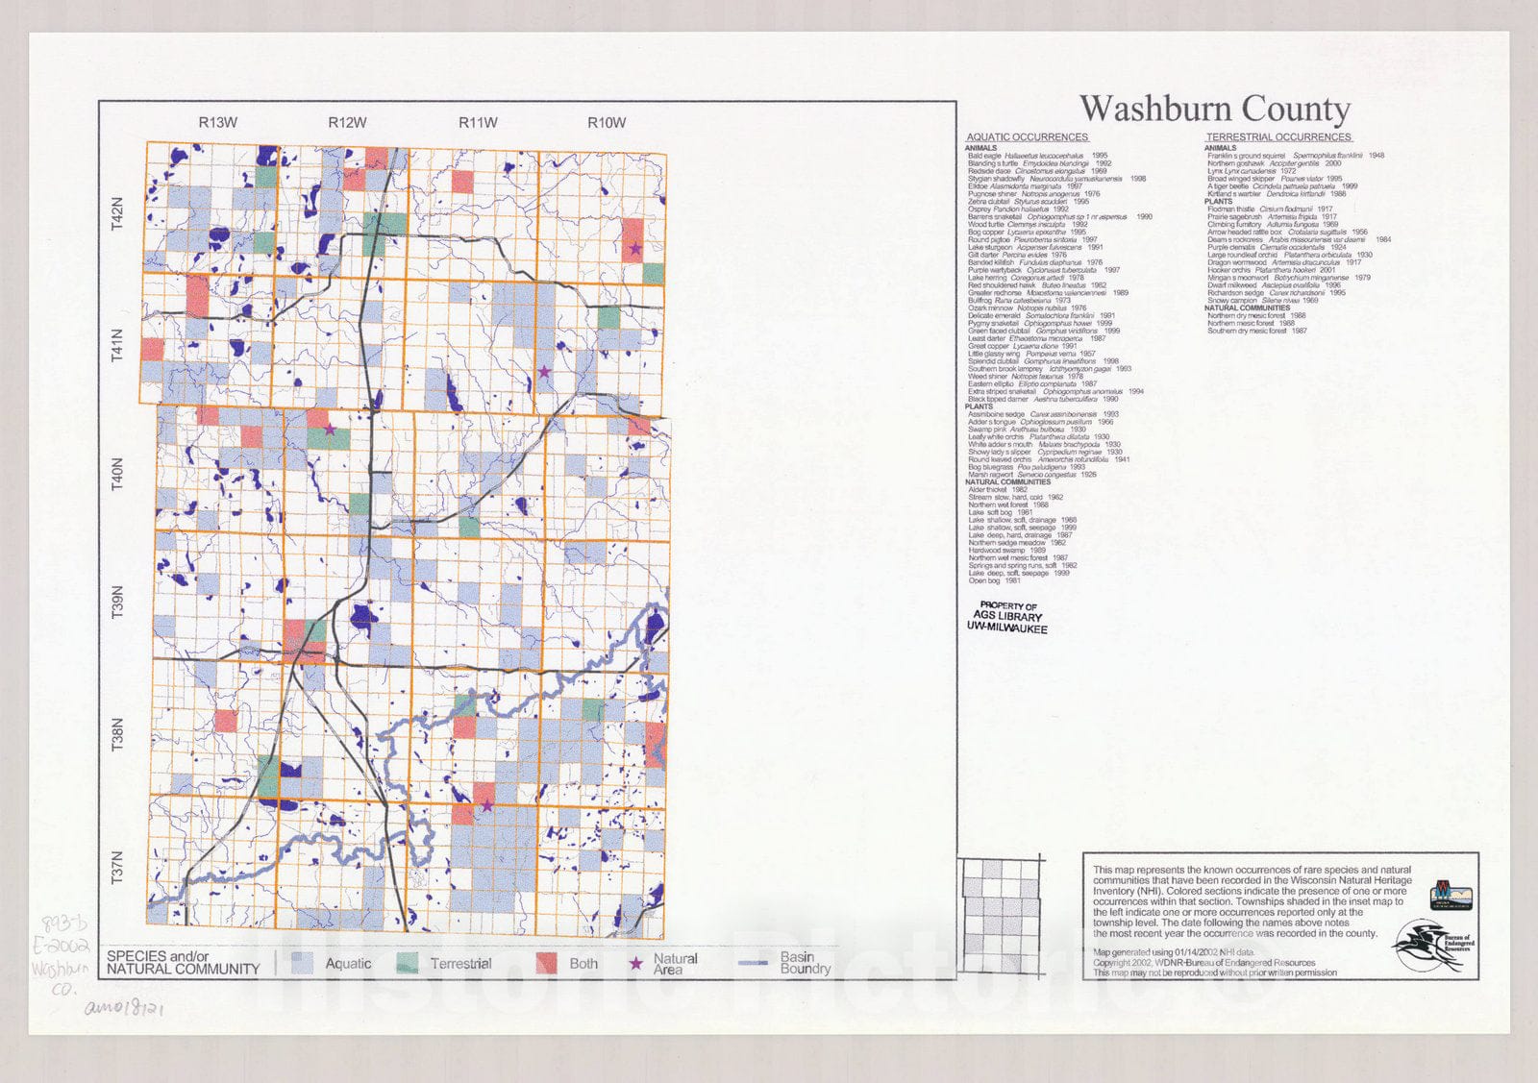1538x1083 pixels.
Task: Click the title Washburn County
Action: (x=1214, y=109)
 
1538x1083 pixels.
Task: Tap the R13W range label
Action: (x=218, y=123)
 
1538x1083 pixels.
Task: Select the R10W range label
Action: (x=607, y=123)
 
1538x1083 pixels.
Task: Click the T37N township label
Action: (x=118, y=867)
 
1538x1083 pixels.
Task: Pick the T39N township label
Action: (x=118, y=602)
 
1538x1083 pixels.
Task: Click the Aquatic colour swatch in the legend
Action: (x=303, y=963)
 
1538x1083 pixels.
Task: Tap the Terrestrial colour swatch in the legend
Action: (x=408, y=963)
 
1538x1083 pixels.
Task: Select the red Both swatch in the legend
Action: (x=547, y=963)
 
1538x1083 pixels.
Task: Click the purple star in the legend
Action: (x=634, y=962)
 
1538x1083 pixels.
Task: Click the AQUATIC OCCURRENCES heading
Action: (x=1027, y=137)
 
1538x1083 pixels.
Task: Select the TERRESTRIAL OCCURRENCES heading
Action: (x=1278, y=137)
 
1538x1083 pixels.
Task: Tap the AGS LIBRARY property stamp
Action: (x=1007, y=617)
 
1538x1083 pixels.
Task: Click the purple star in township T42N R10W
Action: (x=634, y=249)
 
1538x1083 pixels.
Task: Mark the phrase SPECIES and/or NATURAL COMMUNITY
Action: (x=183, y=963)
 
